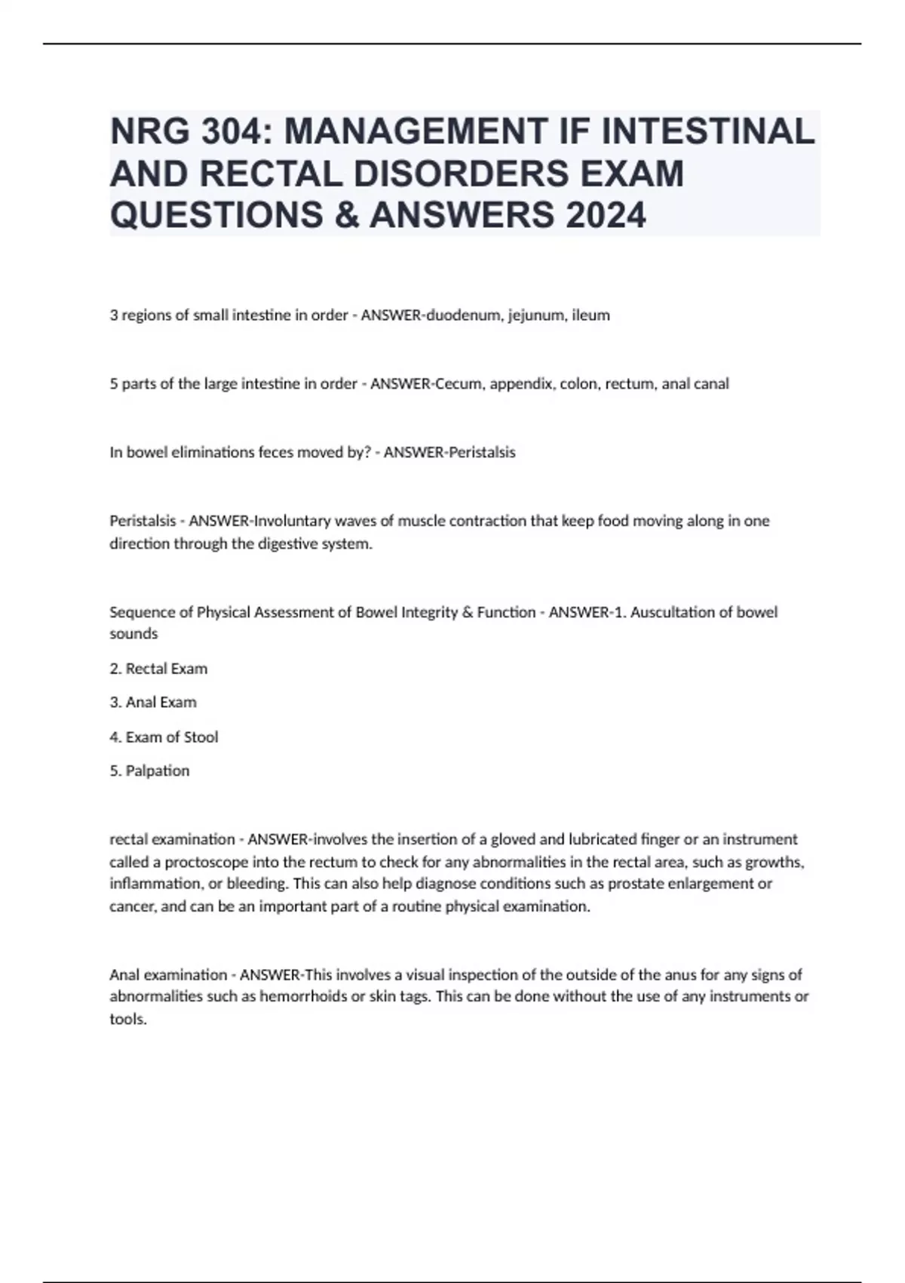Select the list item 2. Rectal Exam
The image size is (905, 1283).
click(158, 669)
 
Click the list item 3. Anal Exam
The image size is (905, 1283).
click(153, 703)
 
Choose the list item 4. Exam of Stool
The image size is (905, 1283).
click(164, 737)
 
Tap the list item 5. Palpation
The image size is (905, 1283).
click(149, 771)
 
